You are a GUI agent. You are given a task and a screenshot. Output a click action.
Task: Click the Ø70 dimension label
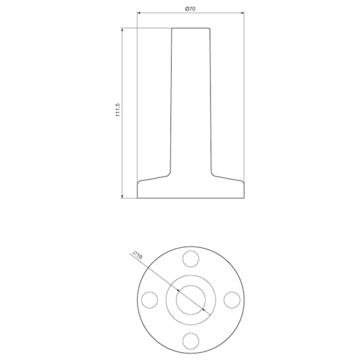point(190,9)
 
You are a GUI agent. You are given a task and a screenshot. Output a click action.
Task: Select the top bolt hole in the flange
point(191,258)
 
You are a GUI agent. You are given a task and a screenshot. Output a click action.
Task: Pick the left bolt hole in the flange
point(150,300)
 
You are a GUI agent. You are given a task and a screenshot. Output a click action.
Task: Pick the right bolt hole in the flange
point(232,300)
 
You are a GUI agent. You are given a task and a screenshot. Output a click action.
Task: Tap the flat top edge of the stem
point(190,28)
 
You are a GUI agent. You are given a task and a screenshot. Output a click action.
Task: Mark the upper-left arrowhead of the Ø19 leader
point(179,290)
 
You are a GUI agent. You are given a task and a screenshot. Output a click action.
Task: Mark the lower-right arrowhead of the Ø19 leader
point(203,309)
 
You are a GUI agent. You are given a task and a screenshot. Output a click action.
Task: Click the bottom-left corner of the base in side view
point(138,198)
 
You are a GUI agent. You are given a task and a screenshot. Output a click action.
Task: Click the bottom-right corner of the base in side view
point(245,198)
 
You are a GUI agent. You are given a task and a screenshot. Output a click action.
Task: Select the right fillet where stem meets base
point(213,174)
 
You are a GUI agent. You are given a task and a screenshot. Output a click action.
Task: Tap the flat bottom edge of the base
point(191,198)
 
